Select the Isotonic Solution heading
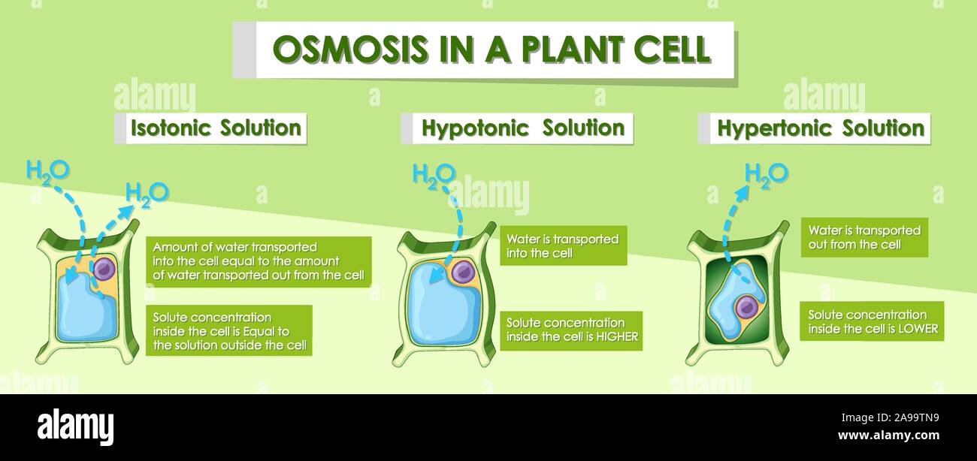pos(215,128)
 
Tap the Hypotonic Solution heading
pos(522,128)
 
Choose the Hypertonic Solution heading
pos(820,128)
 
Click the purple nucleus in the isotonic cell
pos(104,269)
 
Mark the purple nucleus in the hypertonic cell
pos(746,306)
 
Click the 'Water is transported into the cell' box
pos(563,246)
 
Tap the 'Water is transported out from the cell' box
pos(864,237)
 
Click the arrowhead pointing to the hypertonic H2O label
pos(742,194)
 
